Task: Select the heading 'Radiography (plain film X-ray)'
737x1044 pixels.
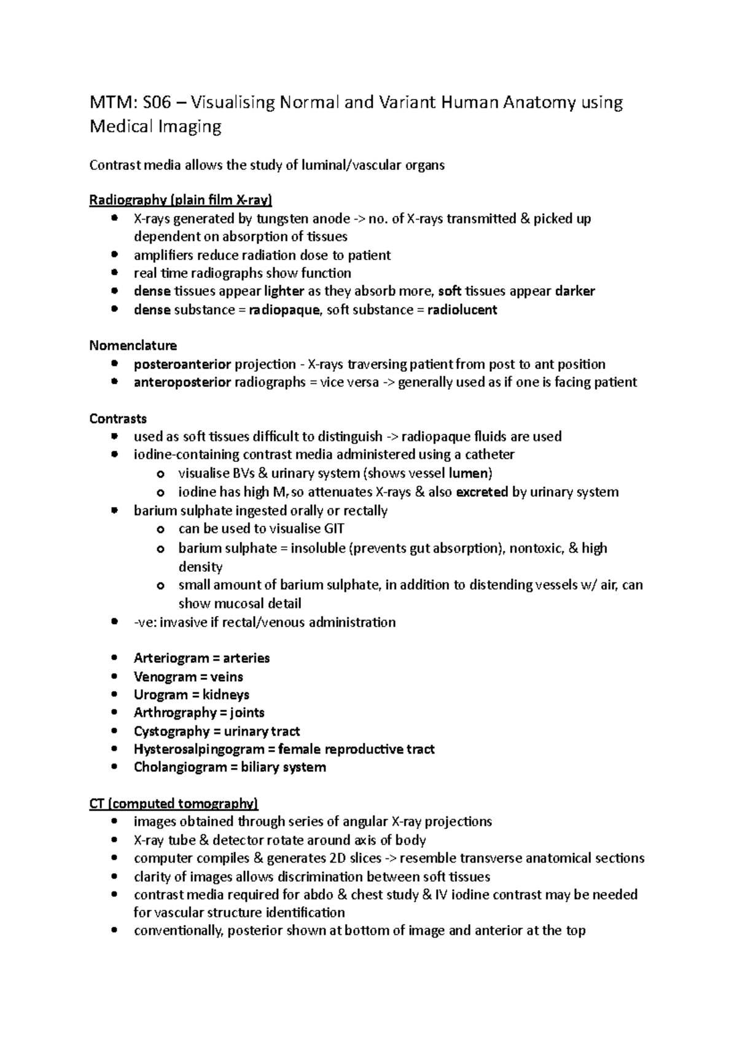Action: [181, 200]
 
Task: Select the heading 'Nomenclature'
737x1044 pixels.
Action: [133, 346]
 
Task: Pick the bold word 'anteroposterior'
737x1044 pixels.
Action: [182, 382]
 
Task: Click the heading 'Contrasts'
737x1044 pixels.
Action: [118, 419]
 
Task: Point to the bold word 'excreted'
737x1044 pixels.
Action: [482, 492]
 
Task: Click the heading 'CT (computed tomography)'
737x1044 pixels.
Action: [174, 804]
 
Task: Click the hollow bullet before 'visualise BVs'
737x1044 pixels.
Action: [160, 474]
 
